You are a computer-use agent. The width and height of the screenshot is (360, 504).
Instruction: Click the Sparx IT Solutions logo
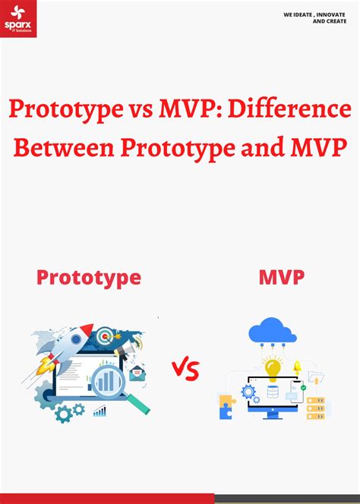[18, 19]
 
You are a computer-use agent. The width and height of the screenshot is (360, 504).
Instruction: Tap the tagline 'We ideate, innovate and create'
[314, 17]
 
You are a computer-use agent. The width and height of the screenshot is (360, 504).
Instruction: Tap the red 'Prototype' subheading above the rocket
[89, 277]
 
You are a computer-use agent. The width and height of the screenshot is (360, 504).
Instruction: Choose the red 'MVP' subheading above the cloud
[281, 277]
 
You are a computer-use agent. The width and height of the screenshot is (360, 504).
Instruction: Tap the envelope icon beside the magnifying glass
[137, 372]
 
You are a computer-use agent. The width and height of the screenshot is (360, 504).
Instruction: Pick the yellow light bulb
[273, 368]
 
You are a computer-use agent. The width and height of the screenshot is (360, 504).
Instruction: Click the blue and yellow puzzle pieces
[226, 406]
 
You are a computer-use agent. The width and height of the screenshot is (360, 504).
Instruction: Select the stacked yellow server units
[315, 408]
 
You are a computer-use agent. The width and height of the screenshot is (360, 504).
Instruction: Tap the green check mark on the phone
[303, 388]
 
